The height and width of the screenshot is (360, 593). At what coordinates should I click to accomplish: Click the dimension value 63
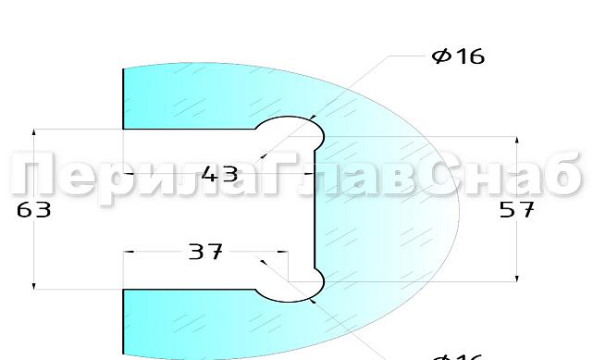[x=33, y=210]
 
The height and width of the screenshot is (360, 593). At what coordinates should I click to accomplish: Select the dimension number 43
[x=219, y=173]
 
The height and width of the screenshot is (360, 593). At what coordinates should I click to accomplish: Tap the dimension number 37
[x=205, y=251]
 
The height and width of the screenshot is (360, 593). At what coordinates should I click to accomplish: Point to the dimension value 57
[x=516, y=210]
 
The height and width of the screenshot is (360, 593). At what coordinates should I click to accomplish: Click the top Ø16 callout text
[x=458, y=56]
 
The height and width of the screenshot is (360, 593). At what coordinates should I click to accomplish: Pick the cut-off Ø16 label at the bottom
[x=458, y=356]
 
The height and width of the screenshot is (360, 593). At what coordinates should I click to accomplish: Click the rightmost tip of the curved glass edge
[x=459, y=209]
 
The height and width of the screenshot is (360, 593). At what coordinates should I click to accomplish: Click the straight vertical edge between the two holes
[x=316, y=209]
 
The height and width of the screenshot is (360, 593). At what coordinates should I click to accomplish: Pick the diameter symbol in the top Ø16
[x=440, y=56]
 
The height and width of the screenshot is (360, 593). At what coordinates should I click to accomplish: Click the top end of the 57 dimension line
[x=516, y=138]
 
